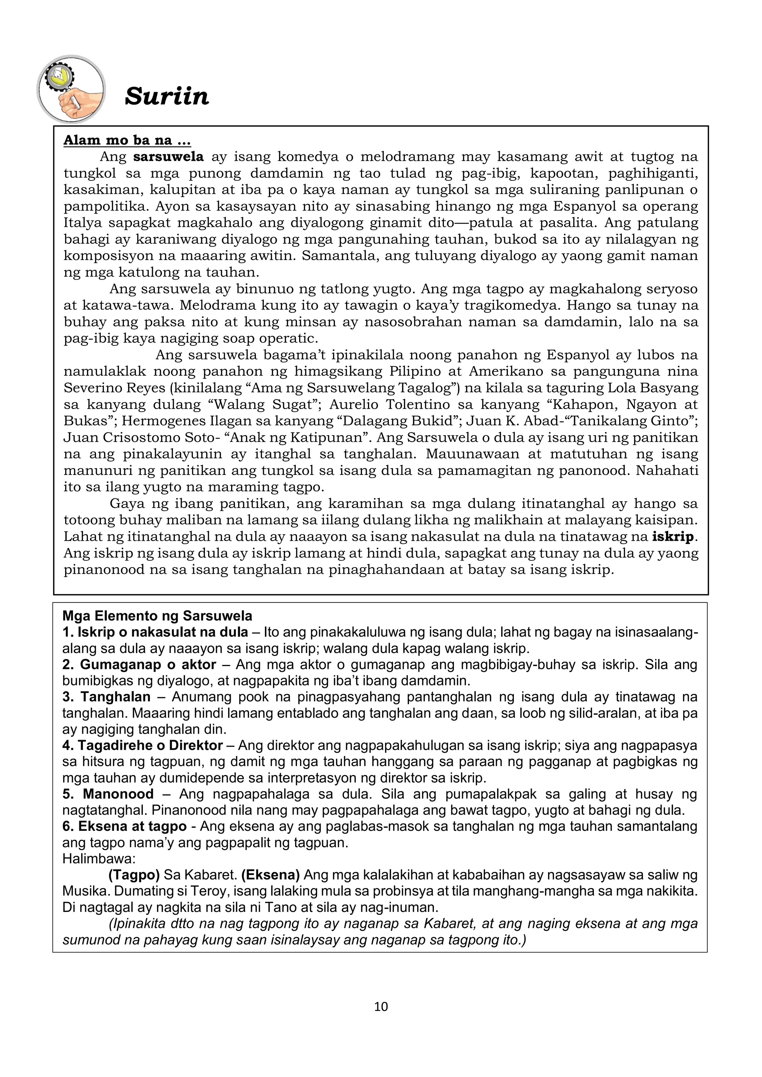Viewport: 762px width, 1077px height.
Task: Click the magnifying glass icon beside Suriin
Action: [x=71, y=89]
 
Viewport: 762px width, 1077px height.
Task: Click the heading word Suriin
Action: [x=167, y=96]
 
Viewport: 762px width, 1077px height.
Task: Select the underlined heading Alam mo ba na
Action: [x=127, y=140]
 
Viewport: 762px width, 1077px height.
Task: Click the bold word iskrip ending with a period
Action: [x=674, y=537]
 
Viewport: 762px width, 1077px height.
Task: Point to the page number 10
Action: [x=381, y=1007]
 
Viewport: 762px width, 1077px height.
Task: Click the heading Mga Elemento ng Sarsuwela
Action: [x=157, y=616]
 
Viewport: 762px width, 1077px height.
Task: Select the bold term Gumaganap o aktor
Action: [x=140, y=665]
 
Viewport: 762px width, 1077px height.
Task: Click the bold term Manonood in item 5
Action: [x=118, y=794]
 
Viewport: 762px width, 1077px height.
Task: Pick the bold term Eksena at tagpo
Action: [x=124, y=826]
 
